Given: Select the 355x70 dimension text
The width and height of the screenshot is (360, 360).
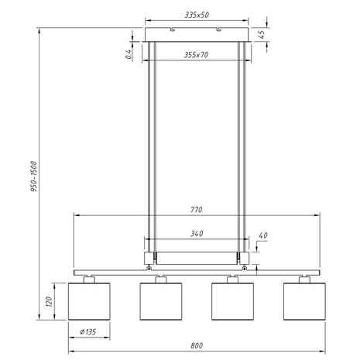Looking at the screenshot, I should (x=197, y=54).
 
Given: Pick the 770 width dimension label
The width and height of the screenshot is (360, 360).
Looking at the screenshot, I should (x=197, y=209).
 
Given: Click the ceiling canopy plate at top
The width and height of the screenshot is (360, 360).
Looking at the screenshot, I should (x=197, y=35).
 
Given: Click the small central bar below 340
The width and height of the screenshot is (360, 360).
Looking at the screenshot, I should (x=197, y=256).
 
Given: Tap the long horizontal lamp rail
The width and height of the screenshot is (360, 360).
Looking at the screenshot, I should (x=197, y=273).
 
